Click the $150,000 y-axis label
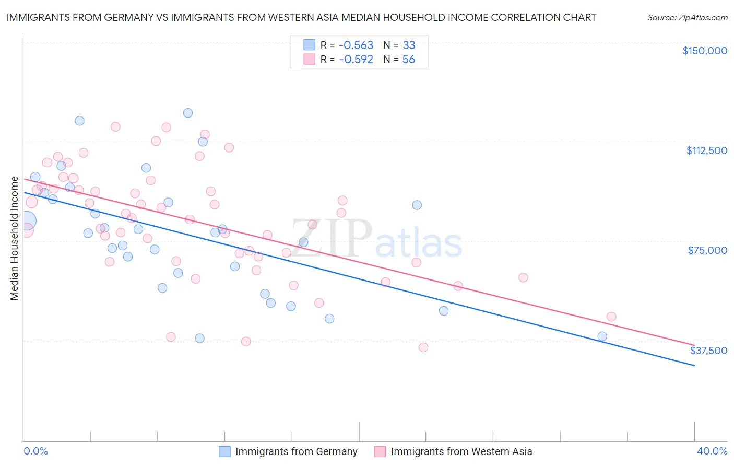click(704, 51)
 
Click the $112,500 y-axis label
click(706, 150)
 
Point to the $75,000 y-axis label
click(707, 250)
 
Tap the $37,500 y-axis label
click(708, 350)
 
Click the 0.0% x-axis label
click(35, 451)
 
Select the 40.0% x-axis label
click(712, 451)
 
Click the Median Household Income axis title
click(14, 238)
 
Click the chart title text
click(301, 17)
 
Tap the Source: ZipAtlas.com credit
click(687, 18)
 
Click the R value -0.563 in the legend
click(356, 45)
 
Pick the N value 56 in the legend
click(408, 60)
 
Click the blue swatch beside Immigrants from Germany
click(224, 451)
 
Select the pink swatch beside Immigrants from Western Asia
click(380, 451)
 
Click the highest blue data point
click(188, 113)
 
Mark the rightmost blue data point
click(602, 336)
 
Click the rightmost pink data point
click(611, 317)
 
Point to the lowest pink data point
click(423, 347)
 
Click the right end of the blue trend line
click(694, 365)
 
